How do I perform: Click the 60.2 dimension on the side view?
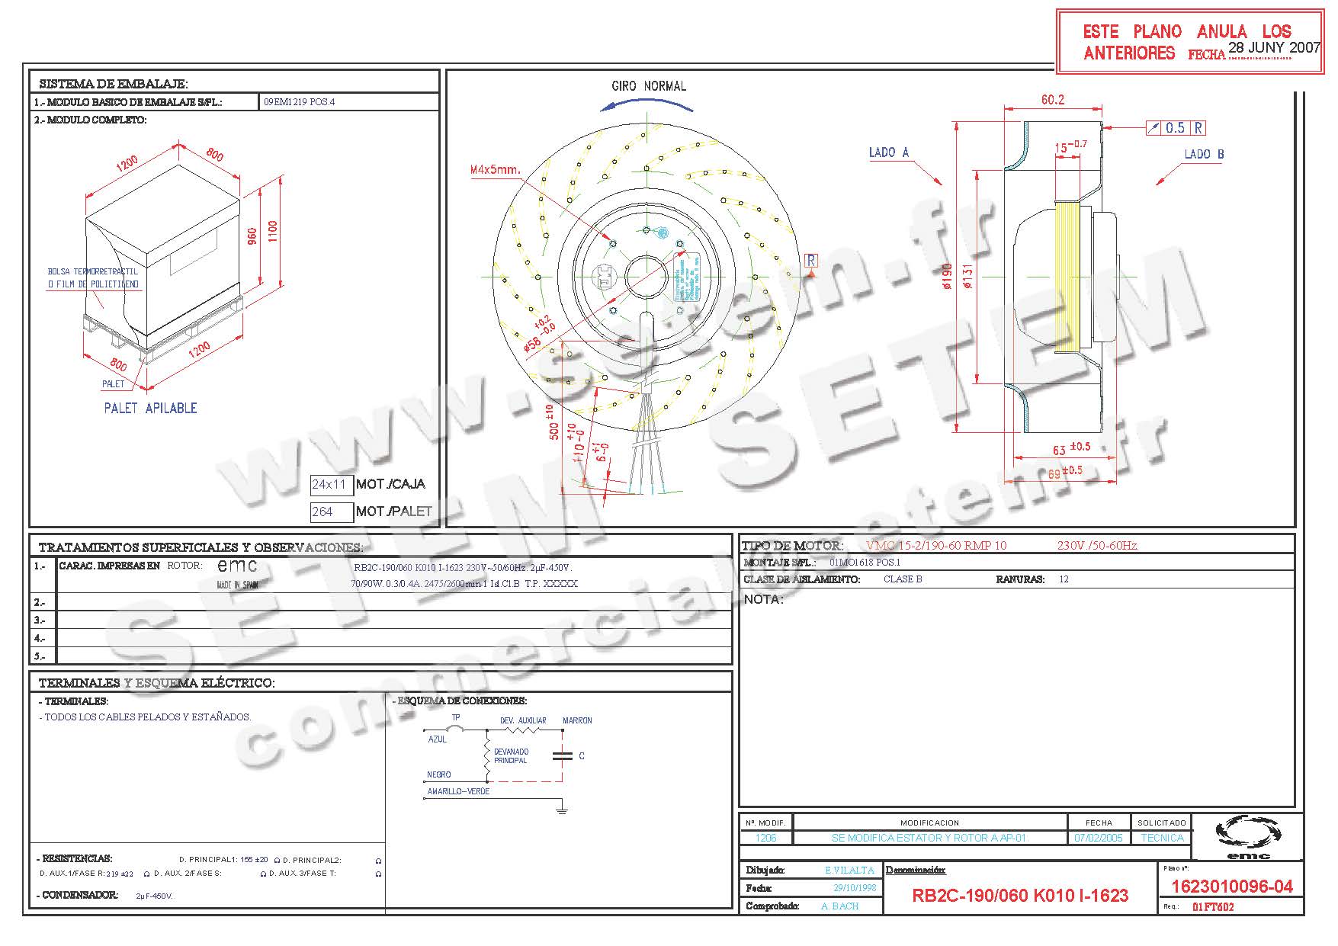[x=1052, y=100]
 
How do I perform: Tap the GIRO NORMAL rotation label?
[x=649, y=86]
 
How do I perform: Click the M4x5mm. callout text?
[x=496, y=170]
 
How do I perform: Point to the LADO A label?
[x=888, y=152]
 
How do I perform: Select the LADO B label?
[x=1204, y=154]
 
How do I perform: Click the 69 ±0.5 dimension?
[x=1065, y=472]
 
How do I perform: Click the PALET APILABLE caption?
[x=150, y=408]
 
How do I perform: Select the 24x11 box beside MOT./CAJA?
[x=330, y=484]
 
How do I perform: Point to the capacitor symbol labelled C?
[x=563, y=755]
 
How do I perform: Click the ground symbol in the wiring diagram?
[x=562, y=809]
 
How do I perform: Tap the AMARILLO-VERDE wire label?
[x=458, y=791]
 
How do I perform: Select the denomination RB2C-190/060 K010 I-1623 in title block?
[x=1019, y=895]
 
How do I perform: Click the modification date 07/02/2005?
[x=1098, y=838]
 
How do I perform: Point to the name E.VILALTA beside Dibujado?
[x=849, y=870]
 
